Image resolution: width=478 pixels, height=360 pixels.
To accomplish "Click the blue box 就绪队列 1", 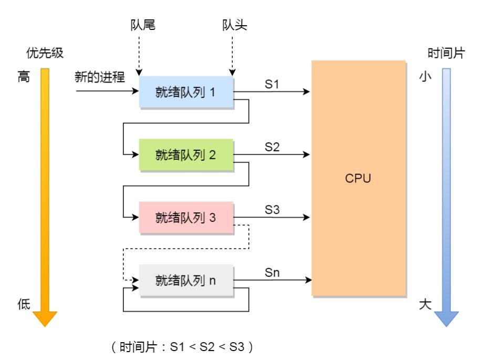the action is pyautogui.click(x=186, y=92).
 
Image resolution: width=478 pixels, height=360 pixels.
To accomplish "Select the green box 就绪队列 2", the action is pyautogui.click(x=186, y=155).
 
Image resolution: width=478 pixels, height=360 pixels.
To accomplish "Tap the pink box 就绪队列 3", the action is pyautogui.click(x=186, y=218).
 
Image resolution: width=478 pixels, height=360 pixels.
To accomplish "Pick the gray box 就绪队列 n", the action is pyautogui.click(x=186, y=280).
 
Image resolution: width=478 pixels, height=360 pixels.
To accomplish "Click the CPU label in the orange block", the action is pyautogui.click(x=358, y=179).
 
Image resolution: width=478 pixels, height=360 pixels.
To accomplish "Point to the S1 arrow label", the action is pyautogui.click(x=272, y=84).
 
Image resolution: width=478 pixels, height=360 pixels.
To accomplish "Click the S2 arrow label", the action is pyautogui.click(x=272, y=147).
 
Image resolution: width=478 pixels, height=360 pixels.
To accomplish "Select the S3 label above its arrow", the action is pyautogui.click(x=272, y=210).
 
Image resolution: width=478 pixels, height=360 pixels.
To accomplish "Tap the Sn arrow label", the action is pyautogui.click(x=272, y=273).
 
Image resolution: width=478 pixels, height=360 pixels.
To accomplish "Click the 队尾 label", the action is pyautogui.click(x=143, y=25).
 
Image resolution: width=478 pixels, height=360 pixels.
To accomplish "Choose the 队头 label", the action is pyautogui.click(x=234, y=25).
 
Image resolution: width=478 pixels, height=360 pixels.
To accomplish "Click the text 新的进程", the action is pyautogui.click(x=100, y=77).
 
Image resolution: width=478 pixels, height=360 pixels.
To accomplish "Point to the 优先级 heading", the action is pyautogui.click(x=45, y=53).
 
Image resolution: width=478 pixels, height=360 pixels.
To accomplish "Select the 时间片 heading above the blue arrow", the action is pyautogui.click(x=446, y=53).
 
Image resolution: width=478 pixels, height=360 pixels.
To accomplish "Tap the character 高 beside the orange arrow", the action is pyautogui.click(x=24, y=76).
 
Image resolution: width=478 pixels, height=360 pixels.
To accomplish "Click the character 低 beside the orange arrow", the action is pyautogui.click(x=24, y=304).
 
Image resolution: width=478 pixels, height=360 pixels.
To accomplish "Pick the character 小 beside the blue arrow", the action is pyautogui.click(x=425, y=76).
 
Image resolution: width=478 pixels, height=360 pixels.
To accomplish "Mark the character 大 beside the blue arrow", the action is pyautogui.click(x=425, y=304).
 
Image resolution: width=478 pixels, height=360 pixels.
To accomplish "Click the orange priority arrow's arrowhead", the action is pyautogui.click(x=45, y=319).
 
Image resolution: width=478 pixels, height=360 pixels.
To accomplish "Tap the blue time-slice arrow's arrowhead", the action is pyautogui.click(x=446, y=319).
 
